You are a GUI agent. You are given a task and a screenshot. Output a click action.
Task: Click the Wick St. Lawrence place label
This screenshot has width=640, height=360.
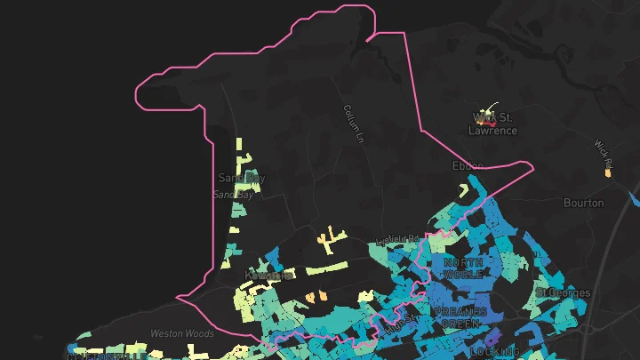[x=492, y=124]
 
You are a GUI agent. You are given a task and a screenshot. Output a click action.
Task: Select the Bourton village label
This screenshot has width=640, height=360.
[x=584, y=203]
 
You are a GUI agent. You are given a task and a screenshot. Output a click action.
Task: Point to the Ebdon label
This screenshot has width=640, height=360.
[x=468, y=166]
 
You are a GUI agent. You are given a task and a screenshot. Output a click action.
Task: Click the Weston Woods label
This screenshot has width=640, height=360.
[x=182, y=334]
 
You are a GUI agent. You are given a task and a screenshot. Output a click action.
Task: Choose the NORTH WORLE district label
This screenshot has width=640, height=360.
[x=463, y=268]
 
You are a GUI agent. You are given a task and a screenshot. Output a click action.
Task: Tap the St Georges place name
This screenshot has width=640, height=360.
[x=563, y=292]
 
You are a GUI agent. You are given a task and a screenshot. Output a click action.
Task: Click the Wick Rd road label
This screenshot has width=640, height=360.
[x=604, y=153]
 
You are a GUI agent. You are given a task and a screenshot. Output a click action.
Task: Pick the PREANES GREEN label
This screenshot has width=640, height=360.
[x=460, y=318]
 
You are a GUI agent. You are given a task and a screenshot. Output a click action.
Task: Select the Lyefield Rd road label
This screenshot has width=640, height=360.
[x=396, y=239]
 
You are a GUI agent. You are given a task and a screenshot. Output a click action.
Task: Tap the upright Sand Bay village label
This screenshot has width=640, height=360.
[x=242, y=178]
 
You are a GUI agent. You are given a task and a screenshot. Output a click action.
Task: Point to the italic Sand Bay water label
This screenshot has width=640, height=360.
[x=234, y=195]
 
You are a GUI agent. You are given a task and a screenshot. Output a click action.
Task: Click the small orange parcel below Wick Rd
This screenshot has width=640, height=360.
[x=608, y=172]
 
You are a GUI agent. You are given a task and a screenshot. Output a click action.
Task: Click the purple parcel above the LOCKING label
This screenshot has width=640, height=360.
[x=492, y=336]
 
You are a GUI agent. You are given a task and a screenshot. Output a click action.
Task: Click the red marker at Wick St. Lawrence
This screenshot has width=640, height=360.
[x=492, y=124]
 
